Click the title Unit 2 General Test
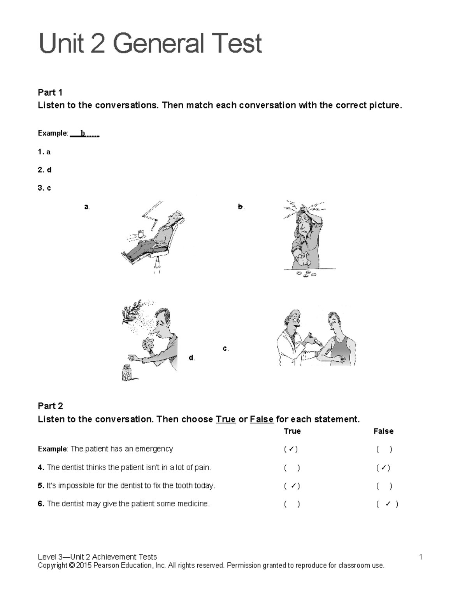pyautogui.click(x=150, y=44)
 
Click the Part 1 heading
pyautogui.click(x=50, y=92)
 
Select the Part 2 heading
pyautogui.click(x=50, y=406)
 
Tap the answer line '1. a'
pyautogui.click(x=44, y=152)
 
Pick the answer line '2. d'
pyautogui.click(x=45, y=170)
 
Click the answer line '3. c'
pyautogui.click(x=44, y=188)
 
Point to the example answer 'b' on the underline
pyautogui.click(x=83, y=133)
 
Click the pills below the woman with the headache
pyautogui.click(x=307, y=274)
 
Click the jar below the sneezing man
pyautogui.click(x=127, y=373)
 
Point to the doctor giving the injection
pyautogui.click(x=291, y=338)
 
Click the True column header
pyautogui.click(x=292, y=431)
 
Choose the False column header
pyautogui.click(x=383, y=431)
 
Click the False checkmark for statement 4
pyautogui.click(x=383, y=467)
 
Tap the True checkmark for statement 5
pyautogui.click(x=292, y=486)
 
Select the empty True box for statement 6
pyautogui.click(x=292, y=504)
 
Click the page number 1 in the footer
pyautogui.click(x=421, y=557)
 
